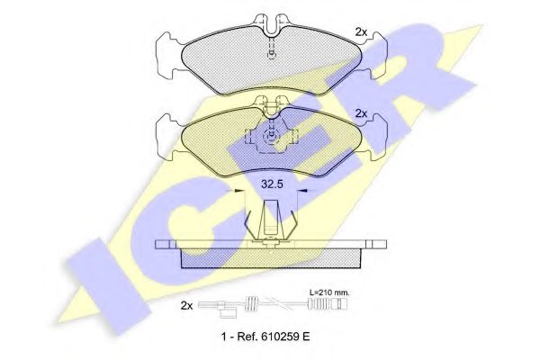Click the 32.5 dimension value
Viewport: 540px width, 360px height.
pyautogui.click(x=272, y=184)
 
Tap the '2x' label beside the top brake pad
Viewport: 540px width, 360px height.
pyautogui.click(x=361, y=32)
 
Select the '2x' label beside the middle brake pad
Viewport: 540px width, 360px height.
pyautogui.click(x=361, y=113)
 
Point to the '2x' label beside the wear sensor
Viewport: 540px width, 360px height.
pyautogui.click(x=186, y=306)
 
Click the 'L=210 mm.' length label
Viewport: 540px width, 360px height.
pyautogui.click(x=328, y=292)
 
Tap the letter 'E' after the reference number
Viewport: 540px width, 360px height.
pyautogui.click(x=306, y=337)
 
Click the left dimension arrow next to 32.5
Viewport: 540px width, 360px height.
pyautogui.click(x=235, y=191)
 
